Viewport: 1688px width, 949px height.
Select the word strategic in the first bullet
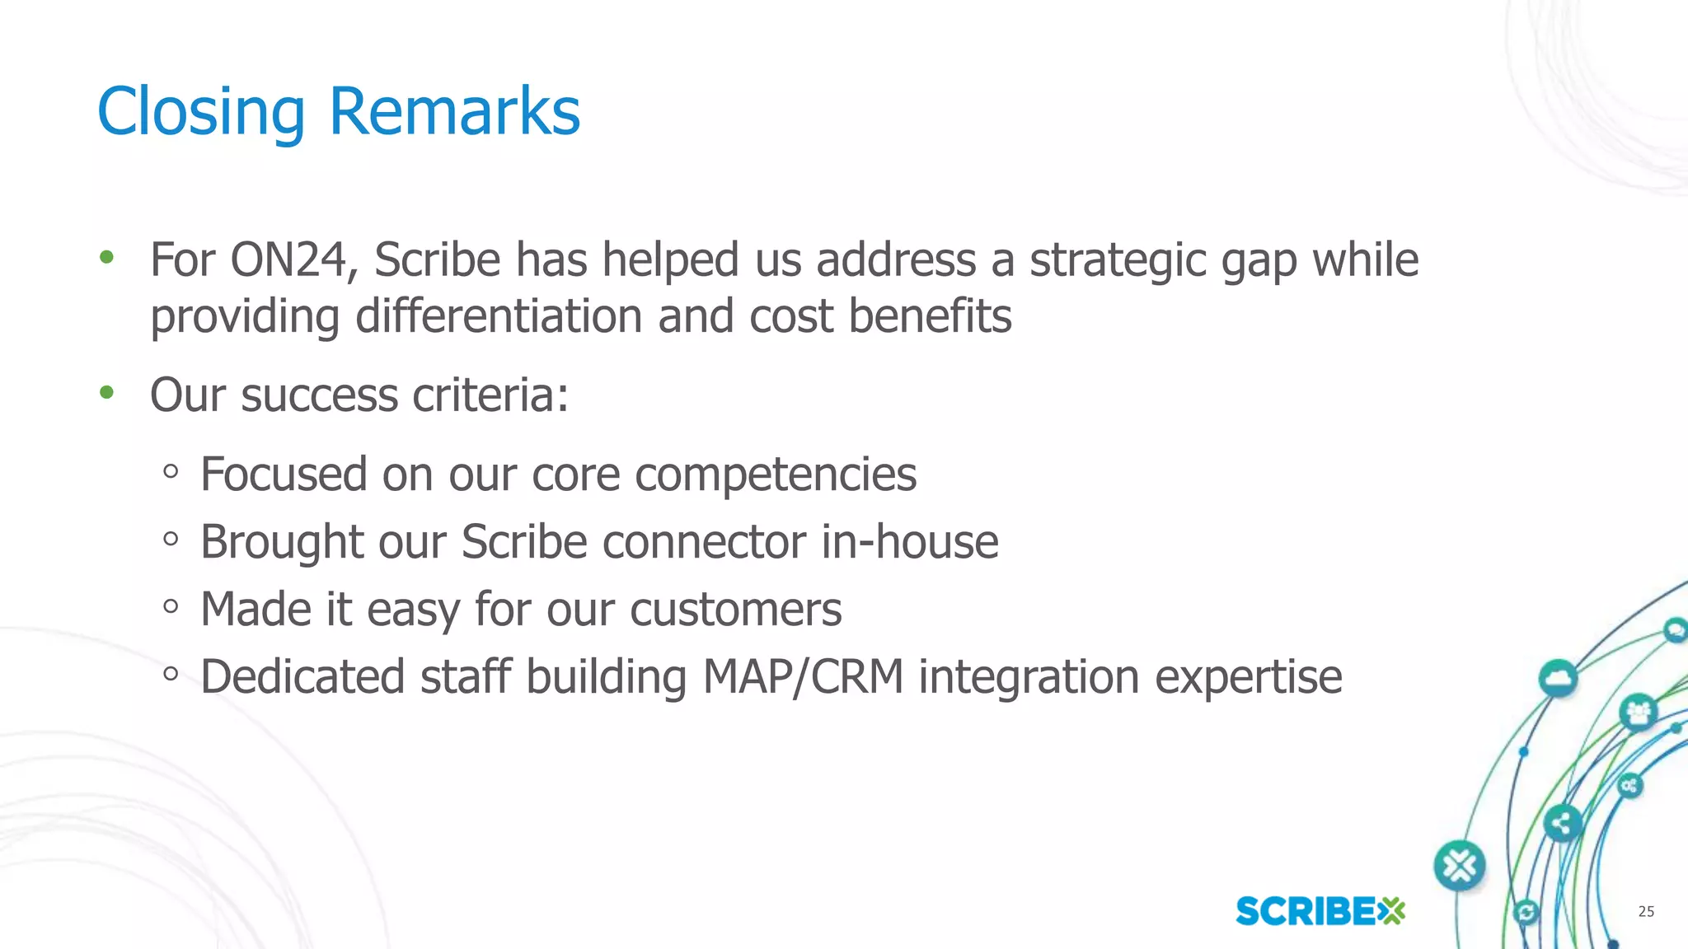(1118, 262)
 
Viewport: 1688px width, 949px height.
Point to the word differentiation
(499, 316)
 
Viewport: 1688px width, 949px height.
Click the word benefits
(930, 316)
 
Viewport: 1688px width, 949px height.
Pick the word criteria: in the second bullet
(490, 395)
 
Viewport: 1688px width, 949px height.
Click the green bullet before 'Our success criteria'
(106, 393)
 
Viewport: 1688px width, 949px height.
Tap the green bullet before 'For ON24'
(106, 258)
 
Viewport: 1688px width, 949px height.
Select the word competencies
(775, 475)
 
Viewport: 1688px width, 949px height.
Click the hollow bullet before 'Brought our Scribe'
(171, 540)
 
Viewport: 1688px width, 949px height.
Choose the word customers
(735, 610)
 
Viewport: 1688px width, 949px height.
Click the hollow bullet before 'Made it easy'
(171, 607)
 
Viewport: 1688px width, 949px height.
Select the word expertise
(1248, 679)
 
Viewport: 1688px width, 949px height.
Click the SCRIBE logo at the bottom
(1320, 911)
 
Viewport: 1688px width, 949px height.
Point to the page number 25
(1645, 911)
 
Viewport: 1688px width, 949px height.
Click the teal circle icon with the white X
(1460, 866)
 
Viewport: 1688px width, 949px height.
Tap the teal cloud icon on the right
(1558, 679)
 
